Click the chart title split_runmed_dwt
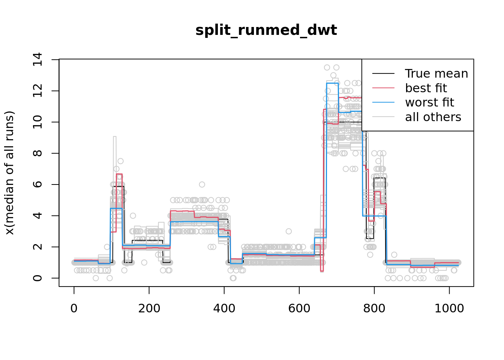pos(266,30)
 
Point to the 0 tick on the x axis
pos(74,308)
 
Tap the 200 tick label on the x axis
pos(149,308)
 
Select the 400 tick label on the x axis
pos(224,308)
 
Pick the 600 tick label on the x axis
pos(299,308)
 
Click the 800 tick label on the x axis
pos(374,308)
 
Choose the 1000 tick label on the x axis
pos(449,308)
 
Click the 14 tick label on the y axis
pos(37,60)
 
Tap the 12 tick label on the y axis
pos(37,91)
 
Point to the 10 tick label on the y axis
pos(37,122)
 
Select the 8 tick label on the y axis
pos(37,153)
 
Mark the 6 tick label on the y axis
pos(37,184)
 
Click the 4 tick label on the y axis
pos(37,216)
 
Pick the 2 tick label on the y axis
pos(37,247)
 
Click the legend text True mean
pos(436,73)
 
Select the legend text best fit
pos(426,88)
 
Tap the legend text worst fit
pos(429,102)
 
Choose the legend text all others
pos(433,117)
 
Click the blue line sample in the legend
pos(383,102)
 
